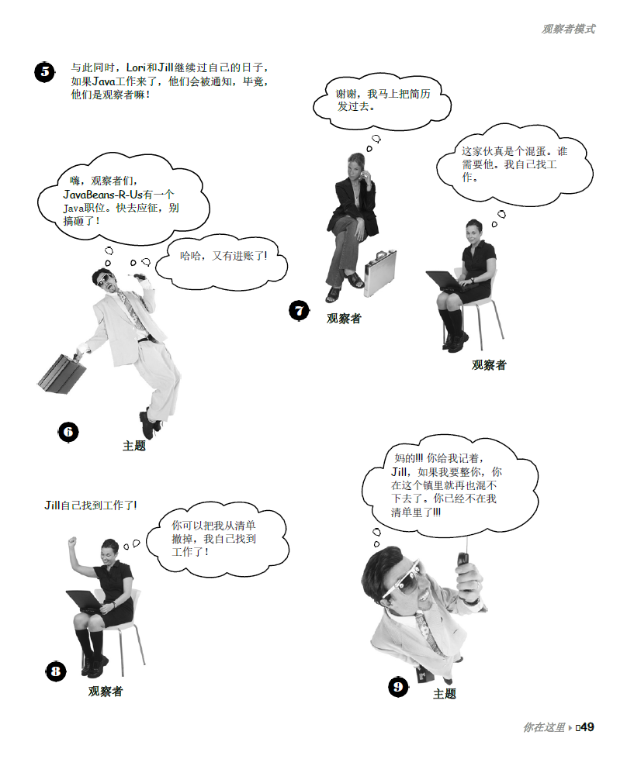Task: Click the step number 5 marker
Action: (x=44, y=72)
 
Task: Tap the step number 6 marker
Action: (x=68, y=432)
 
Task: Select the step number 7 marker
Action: (x=299, y=310)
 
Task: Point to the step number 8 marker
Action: (x=55, y=671)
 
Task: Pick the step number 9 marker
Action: (x=398, y=687)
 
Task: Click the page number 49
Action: (x=587, y=727)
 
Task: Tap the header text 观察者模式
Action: (x=568, y=29)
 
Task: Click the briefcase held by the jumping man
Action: (x=61, y=373)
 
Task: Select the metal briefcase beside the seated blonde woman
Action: (x=379, y=273)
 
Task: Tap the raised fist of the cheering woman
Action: (x=73, y=542)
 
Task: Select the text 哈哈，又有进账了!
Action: (x=223, y=256)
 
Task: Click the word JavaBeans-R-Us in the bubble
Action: (x=102, y=195)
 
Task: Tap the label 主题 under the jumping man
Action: (x=134, y=446)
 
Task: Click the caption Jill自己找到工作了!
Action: (x=91, y=505)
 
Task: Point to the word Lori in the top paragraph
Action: (x=136, y=67)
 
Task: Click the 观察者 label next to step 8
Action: (x=106, y=692)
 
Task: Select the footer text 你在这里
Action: (x=544, y=727)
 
